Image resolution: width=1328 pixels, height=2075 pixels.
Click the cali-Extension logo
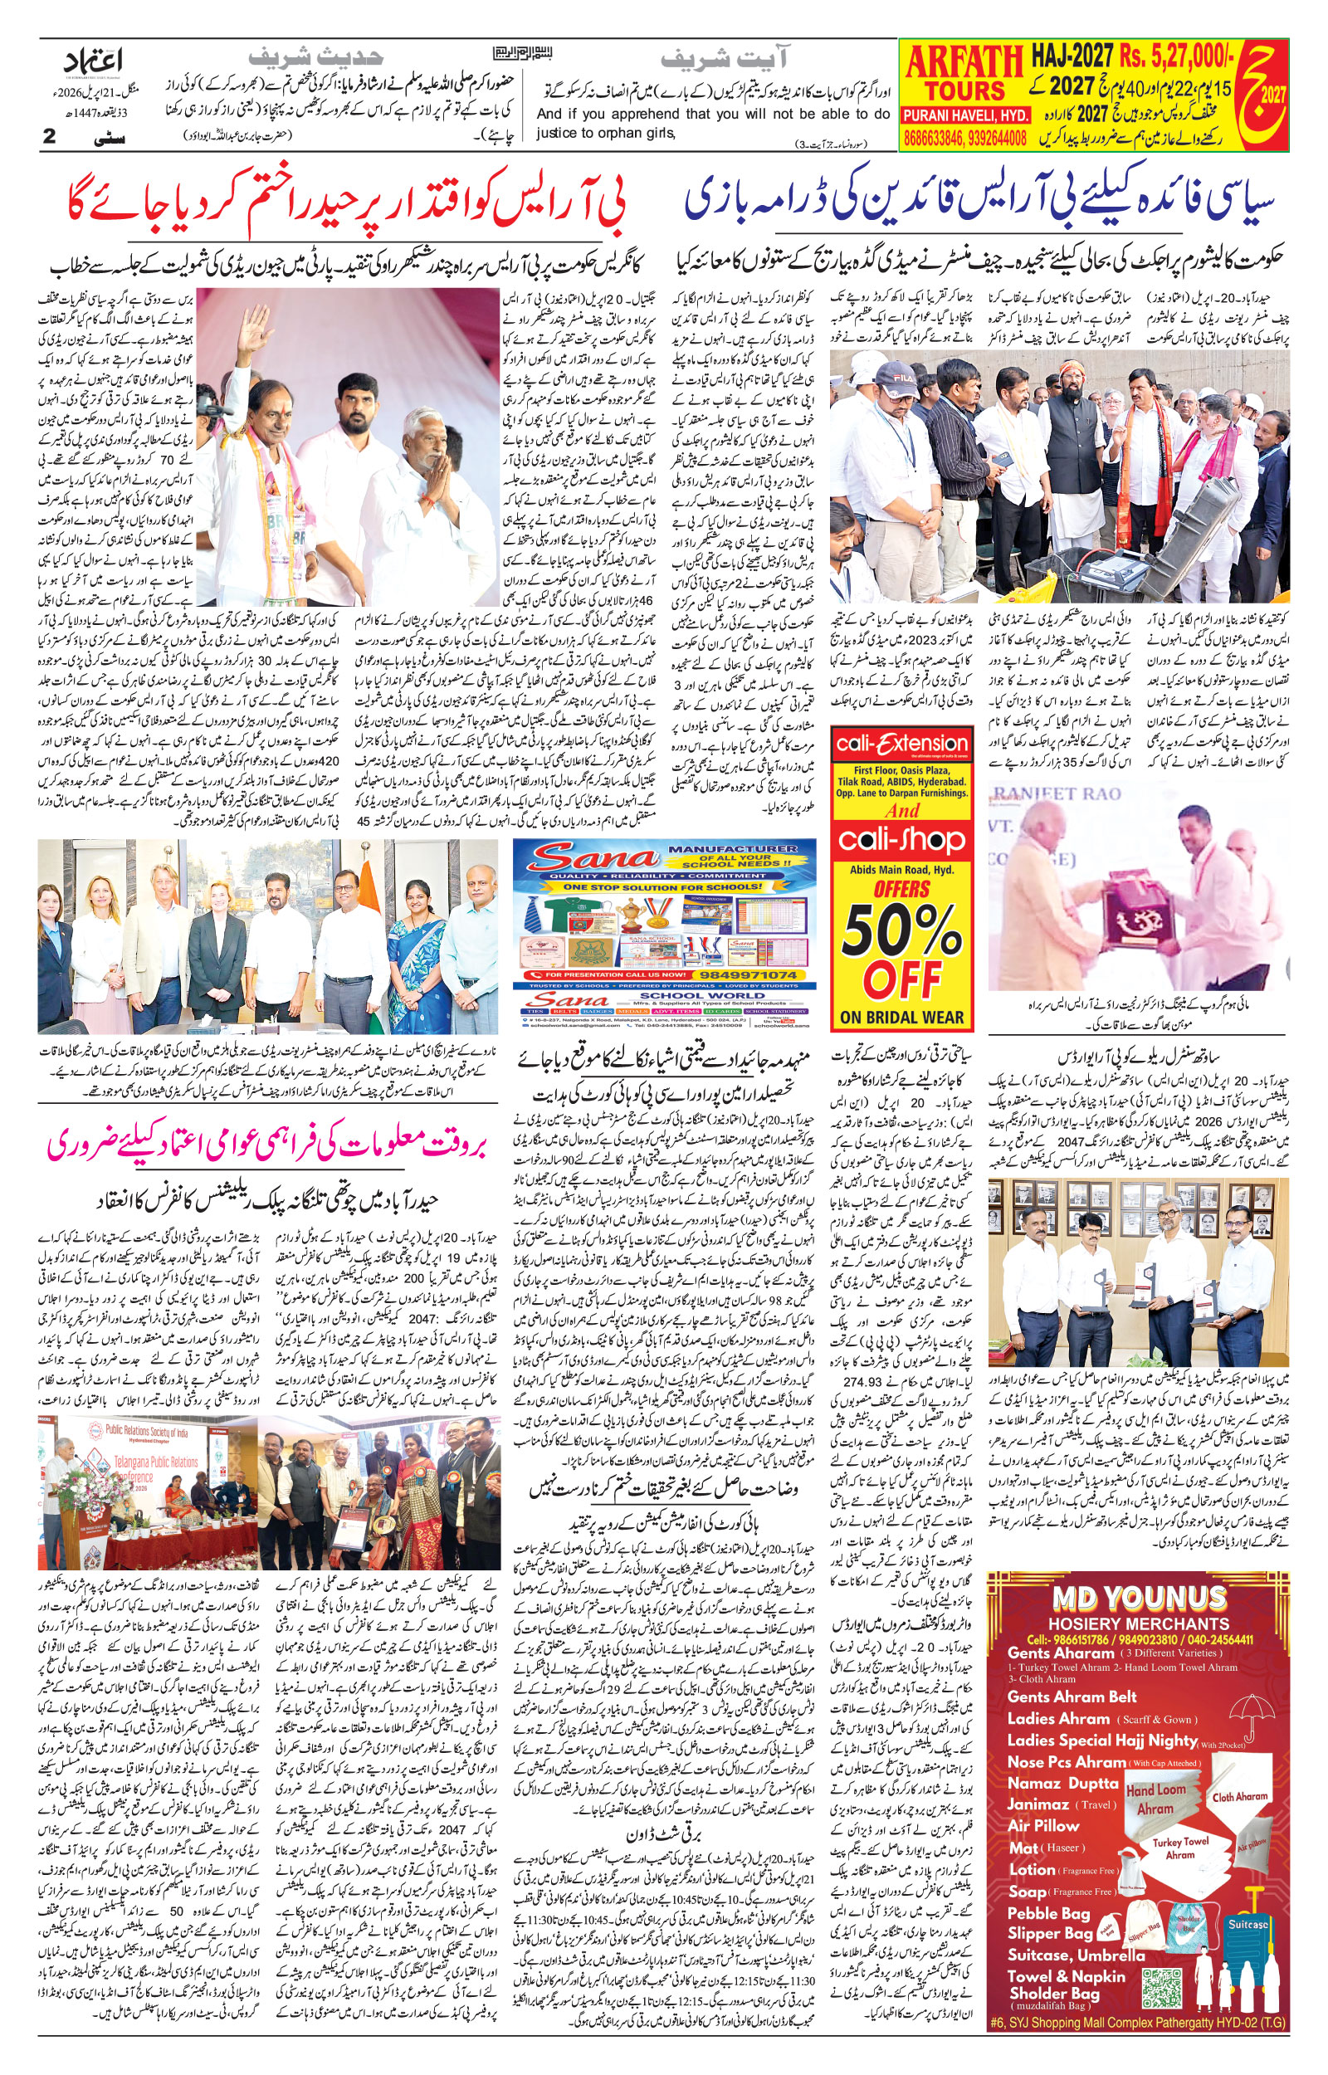[x=902, y=744]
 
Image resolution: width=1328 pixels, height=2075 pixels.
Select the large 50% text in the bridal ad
[x=902, y=930]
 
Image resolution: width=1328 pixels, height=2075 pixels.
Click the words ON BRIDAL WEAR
[x=902, y=1018]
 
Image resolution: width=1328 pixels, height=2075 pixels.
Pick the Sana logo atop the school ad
[x=593, y=858]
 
